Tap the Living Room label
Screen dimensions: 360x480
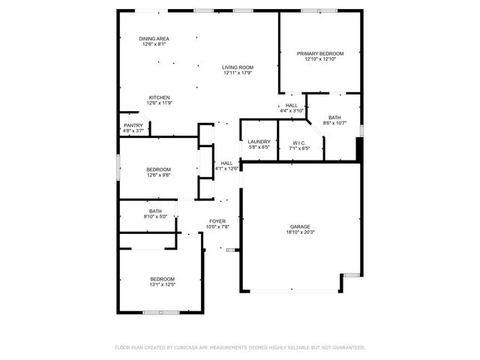(x=237, y=67)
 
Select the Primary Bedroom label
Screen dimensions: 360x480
(x=320, y=53)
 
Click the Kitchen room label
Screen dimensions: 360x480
(x=158, y=97)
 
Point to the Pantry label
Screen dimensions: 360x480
(x=133, y=125)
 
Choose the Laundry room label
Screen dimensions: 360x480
(x=259, y=141)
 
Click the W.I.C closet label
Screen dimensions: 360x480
(x=299, y=142)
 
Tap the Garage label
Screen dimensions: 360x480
(x=301, y=226)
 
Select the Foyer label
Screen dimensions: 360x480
(x=217, y=221)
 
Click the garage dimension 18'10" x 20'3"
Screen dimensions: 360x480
(x=301, y=232)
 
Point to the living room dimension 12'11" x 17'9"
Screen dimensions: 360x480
(x=237, y=73)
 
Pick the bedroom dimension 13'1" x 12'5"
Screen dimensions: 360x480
(x=161, y=285)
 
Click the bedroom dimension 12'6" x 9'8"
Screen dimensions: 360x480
(x=158, y=175)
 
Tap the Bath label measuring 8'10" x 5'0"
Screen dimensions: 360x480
(x=155, y=211)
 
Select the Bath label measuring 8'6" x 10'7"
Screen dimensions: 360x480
(x=334, y=117)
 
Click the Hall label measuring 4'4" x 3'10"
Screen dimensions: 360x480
(x=292, y=105)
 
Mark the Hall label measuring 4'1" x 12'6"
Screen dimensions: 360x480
(x=226, y=163)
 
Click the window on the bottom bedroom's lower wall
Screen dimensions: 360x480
(x=161, y=312)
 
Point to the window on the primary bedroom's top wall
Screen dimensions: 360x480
(x=320, y=10)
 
